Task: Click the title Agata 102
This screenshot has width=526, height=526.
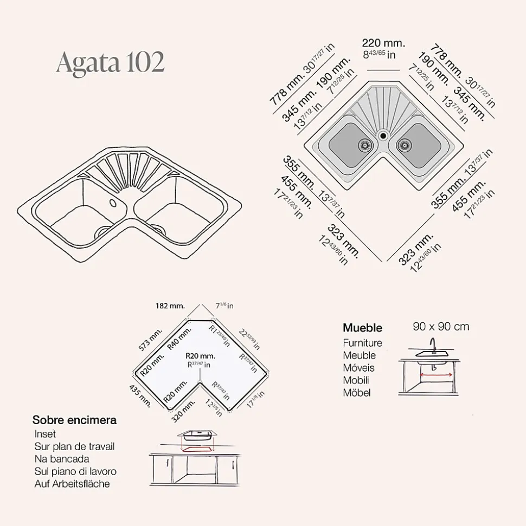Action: pos(110,63)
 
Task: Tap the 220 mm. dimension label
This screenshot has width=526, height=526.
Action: pos(383,43)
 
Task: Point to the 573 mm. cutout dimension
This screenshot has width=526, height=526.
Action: pos(150,340)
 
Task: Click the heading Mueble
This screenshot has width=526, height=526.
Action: pos(362,328)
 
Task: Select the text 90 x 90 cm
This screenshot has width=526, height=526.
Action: pos(441,327)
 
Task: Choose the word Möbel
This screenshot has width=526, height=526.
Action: pos(357,393)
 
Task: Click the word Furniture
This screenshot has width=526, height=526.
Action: pos(362,343)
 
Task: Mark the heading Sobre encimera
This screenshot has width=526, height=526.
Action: pos(74,420)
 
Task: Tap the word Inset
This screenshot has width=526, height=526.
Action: pos(45,434)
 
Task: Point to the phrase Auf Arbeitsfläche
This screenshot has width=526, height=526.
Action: pos(72,484)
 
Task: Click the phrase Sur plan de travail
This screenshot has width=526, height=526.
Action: pos(74,446)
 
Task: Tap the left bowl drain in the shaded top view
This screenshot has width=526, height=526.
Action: pos(364,145)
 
